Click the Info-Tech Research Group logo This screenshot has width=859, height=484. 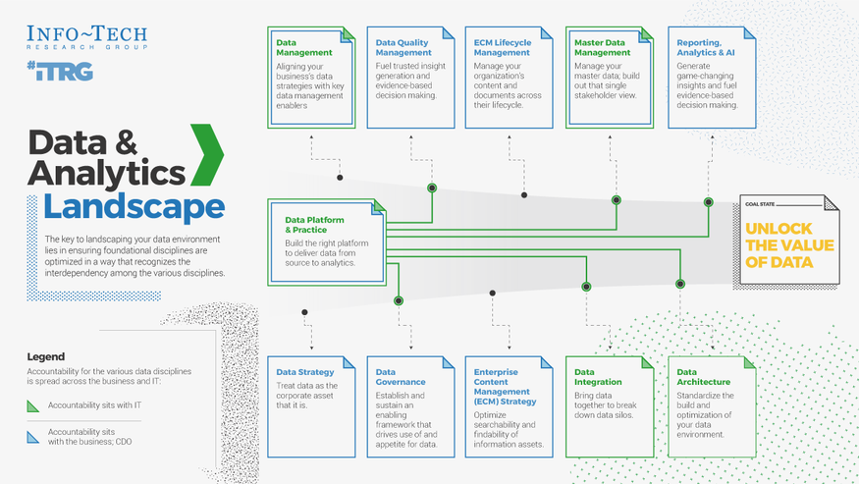87,37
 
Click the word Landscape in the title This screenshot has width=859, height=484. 134,207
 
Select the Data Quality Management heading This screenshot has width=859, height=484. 403,48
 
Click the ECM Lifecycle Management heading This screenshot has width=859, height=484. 502,48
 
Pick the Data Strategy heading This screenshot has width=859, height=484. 305,372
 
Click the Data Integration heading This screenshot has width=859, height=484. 598,377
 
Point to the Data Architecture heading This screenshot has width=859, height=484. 703,377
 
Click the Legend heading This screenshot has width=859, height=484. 46,357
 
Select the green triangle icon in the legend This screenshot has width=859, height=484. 34,405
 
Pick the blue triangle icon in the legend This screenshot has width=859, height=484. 34,437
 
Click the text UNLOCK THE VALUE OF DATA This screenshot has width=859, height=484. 789,245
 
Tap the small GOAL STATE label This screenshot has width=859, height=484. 760,204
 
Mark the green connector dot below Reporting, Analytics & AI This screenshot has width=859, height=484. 709,202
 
